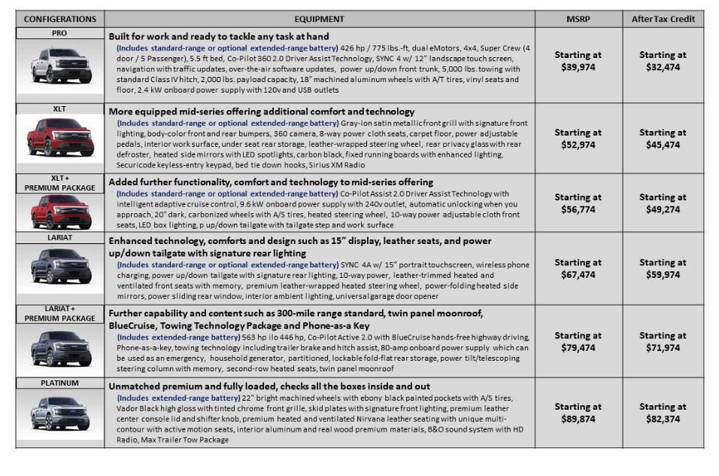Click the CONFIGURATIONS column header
[59, 19]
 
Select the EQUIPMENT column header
[320, 19]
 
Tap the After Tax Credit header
[663, 19]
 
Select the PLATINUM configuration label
[59, 383]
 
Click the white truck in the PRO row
[59, 69]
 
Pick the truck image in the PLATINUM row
[59, 416]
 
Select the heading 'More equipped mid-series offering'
[261, 111]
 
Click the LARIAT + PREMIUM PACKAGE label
[59, 313]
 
